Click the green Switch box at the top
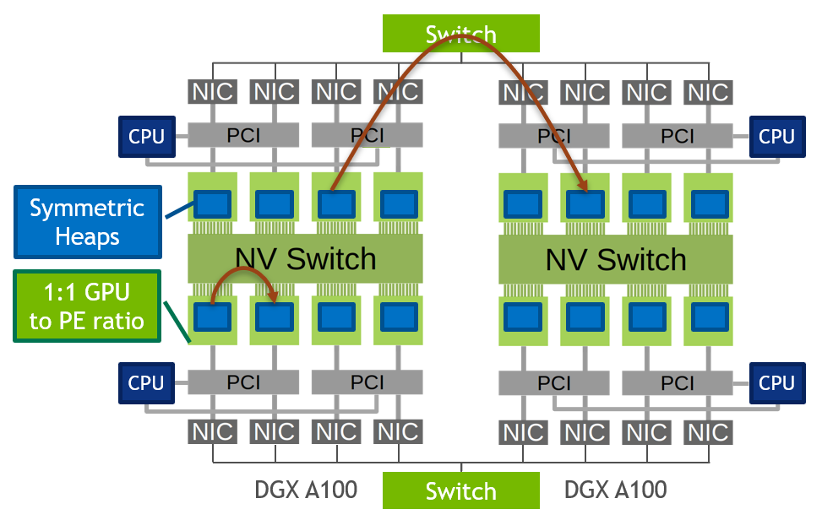tap(460, 33)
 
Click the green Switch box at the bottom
tap(460, 490)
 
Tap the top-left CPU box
tap(146, 136)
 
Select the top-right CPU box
tap(776, 136)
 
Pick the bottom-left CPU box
tap(146, 382)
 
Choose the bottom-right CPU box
tap(776, 382)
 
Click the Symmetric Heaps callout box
tap(87, 222)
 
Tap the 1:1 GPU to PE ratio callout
tap(87, 306)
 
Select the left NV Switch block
tap(305, 258)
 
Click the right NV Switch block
tap(616, 258)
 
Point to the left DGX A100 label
tap(306, 490)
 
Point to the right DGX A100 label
tap(616, 490)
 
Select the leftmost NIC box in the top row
tap(213, 91)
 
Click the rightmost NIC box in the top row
tap(708, 91)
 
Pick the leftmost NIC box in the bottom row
tap(213, 432)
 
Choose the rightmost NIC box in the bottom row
tap(708, 432)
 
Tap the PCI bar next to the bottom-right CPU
tap(678, 382)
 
